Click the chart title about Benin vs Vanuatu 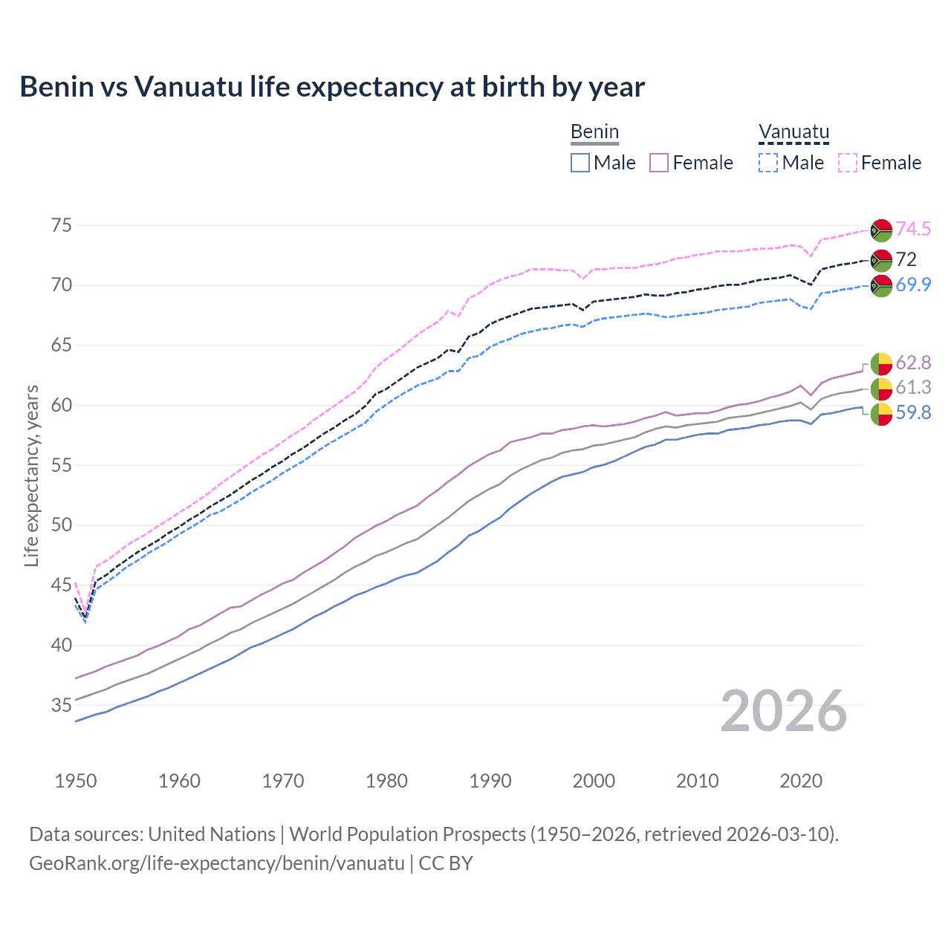click(x=332, y=87)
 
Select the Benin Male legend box click(x=580, y=163)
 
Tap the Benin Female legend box click(x=659, y=163)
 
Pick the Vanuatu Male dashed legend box click(x=768, y=163)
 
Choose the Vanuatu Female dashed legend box click(x=848, y=163)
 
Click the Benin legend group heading click(x=594, y=132)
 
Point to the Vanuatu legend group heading click(x=793, y=132)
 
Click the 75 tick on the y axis click(x=61, y=225)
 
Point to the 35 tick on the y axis click(x=61, y=705)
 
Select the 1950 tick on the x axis click(x=76, y=781)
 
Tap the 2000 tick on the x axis click(x=594, y=781)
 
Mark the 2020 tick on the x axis click(x=801, y=781)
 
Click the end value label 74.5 click(x=913, y=230)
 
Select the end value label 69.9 click(x=913, y=285)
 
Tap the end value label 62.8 click(x=913, y=363)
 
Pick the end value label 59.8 click(x=913, y=413)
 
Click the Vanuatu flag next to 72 click(x=881, y=260)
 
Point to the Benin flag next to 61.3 click(x=881, y=388)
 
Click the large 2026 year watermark click(x=784, y=711)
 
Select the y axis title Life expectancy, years click(x=31, y=475)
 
